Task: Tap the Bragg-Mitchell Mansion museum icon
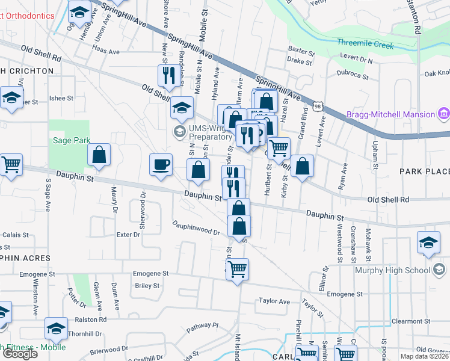(x=443, y=114)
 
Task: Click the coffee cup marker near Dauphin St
(x=161, y=165)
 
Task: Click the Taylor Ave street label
(x=274, y=301)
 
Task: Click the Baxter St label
(x=301, y=52)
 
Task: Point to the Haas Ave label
(x=106, y=52)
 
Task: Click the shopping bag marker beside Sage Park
(x=99, y=155)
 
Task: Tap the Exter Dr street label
(x=128, y=235)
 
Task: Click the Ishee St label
(x=61, y=97)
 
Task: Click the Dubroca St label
(x=353, y=75)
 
